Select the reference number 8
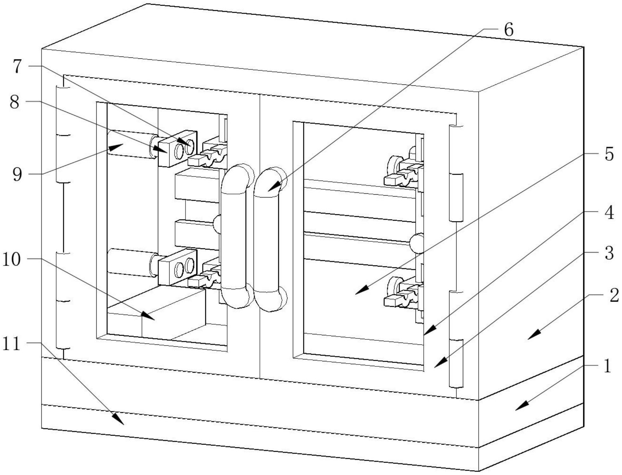point(15,102)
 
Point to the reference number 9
point(18,174)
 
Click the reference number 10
point(12,259)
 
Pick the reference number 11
point(11,344)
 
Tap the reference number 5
point(609,155)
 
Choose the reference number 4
point(609,213)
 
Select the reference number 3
point(609,253)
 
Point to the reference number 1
point(607,366)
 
